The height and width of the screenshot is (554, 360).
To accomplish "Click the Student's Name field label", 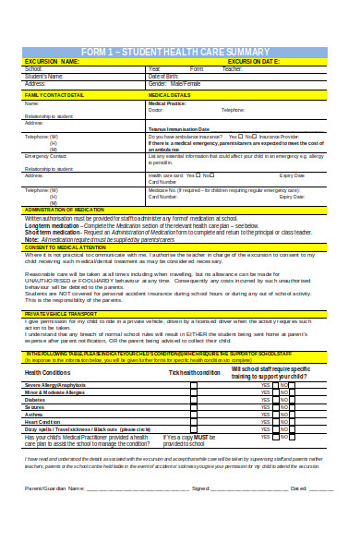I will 45,76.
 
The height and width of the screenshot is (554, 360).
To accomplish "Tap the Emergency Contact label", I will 46,156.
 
